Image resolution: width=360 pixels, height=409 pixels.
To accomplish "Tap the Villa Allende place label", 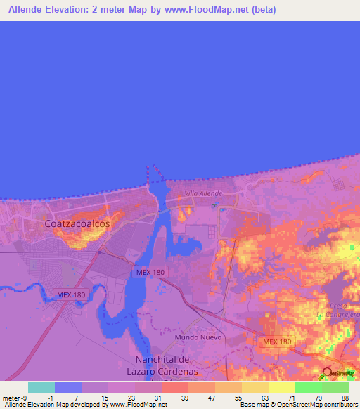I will (x=203, y=193).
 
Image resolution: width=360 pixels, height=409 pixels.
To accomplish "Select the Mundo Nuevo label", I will (x=198, y=337).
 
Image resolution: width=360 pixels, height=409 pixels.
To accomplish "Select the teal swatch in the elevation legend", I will (x=41, y=387).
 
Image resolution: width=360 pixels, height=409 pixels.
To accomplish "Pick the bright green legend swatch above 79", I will (x=309, y=387).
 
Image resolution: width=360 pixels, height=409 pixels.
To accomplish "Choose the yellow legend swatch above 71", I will (x=282, y=387).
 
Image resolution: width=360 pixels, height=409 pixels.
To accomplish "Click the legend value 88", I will (x=345, y=398).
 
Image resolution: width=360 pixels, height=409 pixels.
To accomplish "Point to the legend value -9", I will (x=24, y=398).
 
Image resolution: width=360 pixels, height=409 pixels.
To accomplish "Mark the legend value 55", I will (x=237, y=398).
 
